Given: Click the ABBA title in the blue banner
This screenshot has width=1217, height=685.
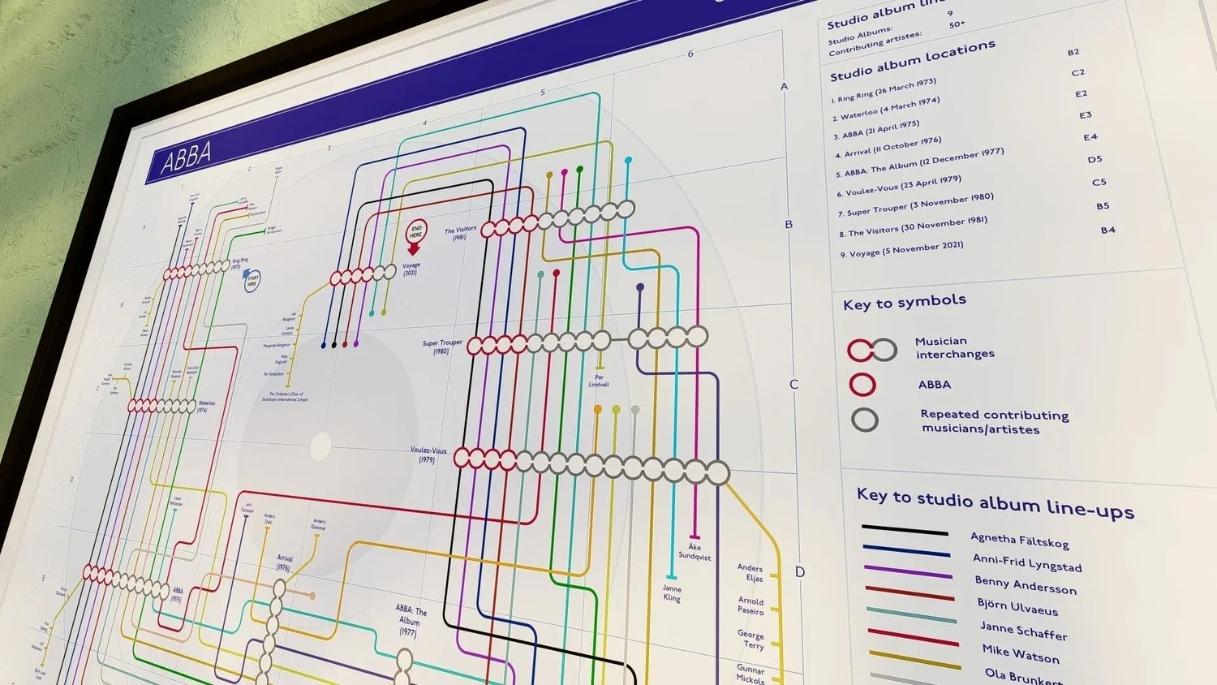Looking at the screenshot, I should pos(186,157).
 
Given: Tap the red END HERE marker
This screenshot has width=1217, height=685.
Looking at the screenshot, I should pos(415,234).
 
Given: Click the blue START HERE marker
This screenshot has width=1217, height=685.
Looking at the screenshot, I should pos(251,282).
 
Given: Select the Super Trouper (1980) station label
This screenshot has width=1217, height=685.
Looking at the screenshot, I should pos(442,347).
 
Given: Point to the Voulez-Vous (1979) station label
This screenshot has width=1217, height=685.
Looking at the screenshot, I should pos(428,455).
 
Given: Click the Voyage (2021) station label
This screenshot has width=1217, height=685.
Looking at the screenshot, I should pos(411,269).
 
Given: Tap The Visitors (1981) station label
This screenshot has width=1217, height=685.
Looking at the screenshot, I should pos(460,234).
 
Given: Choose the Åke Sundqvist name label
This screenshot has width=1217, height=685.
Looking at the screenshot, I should pos(695,552).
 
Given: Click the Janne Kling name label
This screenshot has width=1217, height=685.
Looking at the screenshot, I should pos(672,593).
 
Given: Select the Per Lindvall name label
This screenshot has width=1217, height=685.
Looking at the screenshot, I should pos(599,381).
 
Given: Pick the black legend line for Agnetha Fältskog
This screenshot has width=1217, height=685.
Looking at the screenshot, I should pos(905,530).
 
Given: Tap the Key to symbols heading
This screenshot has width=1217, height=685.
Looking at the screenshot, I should pos(904,302).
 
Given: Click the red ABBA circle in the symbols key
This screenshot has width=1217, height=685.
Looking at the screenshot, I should pos(862,384).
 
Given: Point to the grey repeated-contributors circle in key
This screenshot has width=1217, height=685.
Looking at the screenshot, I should pos(865,420).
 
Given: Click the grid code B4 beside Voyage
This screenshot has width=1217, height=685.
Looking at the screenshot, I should pos(1107,230).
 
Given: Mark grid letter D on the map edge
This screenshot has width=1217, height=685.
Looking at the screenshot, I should pos(799,572).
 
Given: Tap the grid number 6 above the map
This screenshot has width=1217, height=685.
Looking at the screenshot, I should pos(690,54).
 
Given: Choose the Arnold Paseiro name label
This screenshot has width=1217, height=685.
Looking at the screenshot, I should pos(750,605).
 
